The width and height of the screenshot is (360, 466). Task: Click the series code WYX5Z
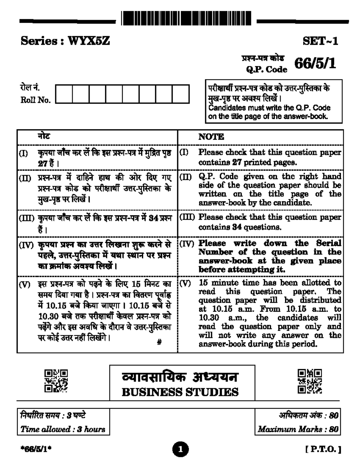pos(89,41)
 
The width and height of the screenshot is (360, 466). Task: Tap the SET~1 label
pos(320,41)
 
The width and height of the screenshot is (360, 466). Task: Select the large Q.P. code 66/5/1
pos(315,64)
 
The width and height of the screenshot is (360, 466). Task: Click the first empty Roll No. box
pos(64,94)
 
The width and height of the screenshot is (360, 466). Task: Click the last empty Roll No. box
pos(181,94)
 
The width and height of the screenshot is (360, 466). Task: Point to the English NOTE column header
pos(211,137)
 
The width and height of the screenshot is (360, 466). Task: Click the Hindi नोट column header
pos(44,136)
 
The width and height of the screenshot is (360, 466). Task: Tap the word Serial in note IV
pos(328,243)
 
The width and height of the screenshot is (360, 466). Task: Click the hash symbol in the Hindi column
pos(160,342)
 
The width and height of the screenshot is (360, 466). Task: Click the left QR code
pos(56,381)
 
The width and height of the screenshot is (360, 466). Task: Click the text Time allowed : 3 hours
pos(63,429)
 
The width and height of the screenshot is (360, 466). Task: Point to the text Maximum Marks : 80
pos(298,429)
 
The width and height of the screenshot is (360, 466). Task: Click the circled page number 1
pos(180,449)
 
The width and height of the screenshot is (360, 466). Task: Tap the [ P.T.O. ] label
pos(323,449)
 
